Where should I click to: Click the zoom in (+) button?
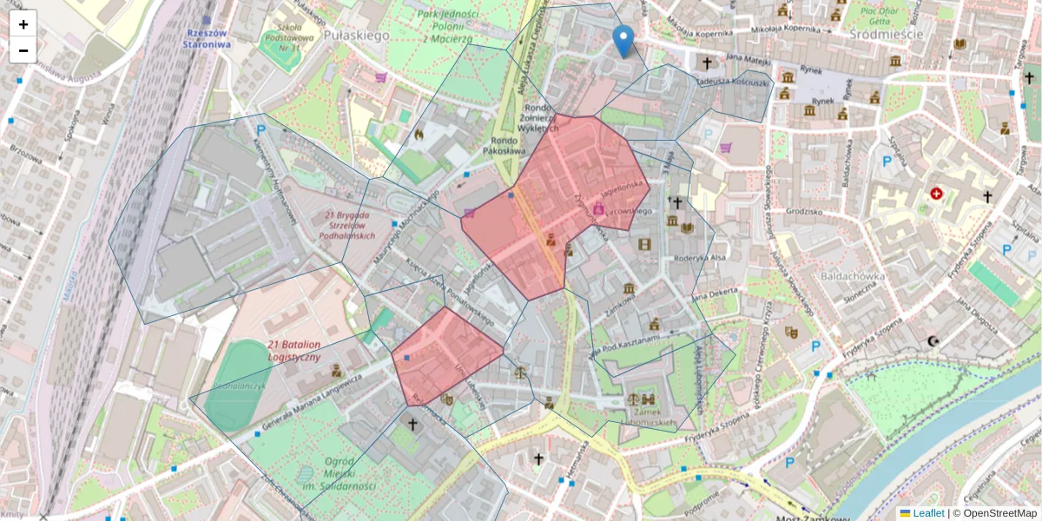point(23,23)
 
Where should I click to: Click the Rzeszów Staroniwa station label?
point(208,38)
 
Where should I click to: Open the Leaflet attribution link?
point(927,513)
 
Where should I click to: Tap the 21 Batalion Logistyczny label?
point(293,351)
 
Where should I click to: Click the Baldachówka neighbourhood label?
point(852,276)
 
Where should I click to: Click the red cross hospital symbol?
point(936,193)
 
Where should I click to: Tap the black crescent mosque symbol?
point(933,341)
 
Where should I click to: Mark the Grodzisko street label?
point(802,211)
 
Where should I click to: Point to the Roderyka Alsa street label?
point(698,258)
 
